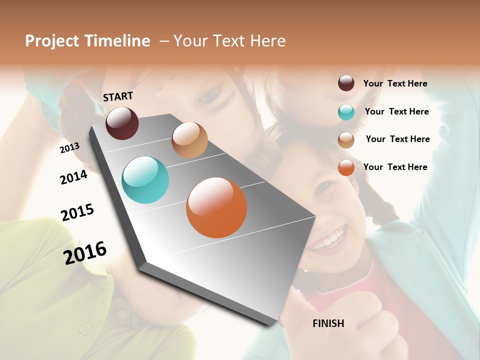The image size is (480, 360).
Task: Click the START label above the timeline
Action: click(x=118, y=96)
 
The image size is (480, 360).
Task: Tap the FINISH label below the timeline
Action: click(x=328, y=323)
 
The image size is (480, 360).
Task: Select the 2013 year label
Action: click(x=69, y=147)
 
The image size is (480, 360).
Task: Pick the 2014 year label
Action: click(x=73, y=177)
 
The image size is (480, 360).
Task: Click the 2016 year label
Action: click(x=85, y=252)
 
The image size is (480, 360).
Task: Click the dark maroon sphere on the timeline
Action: click(x=122, y=123)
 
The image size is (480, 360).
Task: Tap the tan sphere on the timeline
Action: click(x=189, y=140)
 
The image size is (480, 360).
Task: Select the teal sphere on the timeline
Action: click(x=145, y=180)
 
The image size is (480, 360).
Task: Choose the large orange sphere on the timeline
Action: click(x=216, y=207)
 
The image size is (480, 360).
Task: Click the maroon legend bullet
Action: click(x=346, y=83)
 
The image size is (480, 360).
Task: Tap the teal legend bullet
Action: click(x=346, y=112)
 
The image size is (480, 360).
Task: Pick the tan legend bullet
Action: click(x=346, y=140)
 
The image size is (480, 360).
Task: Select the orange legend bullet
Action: click(x=346, y=167)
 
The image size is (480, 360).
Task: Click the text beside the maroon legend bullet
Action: click(x=395, y=83)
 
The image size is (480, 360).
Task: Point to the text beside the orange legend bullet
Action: click(x=395, y=167)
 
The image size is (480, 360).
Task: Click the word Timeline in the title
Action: click(x=118, y=41)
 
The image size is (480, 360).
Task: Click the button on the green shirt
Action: click(x=86, y=329)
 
